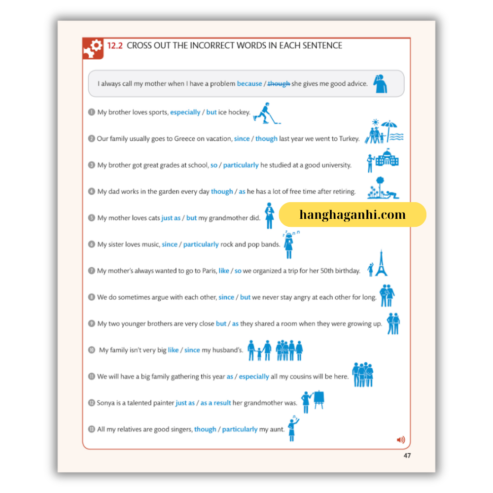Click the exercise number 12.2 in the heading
tap(115, 46)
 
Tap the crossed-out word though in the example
tap(279, 84)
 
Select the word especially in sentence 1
tap(185, 112)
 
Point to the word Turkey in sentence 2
tap(349, 139)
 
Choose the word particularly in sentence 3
tap(241, 165)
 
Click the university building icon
tap(387, 158)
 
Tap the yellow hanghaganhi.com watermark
tap(352, 215)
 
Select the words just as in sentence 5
tap(171, 218)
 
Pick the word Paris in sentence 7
tap(208, 271)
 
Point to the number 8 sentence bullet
tap(91, 297)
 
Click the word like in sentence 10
tap(173, 350)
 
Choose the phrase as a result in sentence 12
tap(215, 403)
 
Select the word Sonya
tap(106, 403)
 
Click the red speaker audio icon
tap(401, 440)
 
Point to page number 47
tap(407, 456)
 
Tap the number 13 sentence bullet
tap(91, 429)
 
